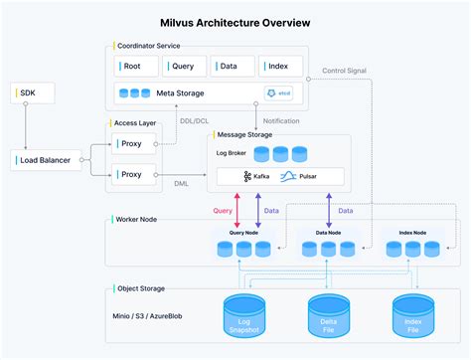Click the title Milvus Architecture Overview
pos(235,21)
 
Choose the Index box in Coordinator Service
pos(280,66)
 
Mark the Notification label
pos(282,121)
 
